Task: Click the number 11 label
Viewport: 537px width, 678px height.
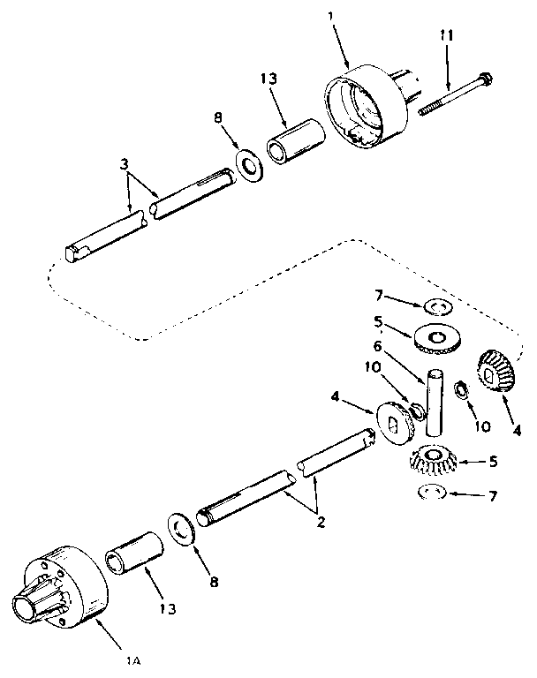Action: click(x=447, y=36)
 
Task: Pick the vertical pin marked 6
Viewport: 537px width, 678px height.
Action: click(x=432, y=402)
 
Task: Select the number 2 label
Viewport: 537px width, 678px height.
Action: click(x=320, y=522)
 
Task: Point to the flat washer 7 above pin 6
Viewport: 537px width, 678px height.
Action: click(x=435, y=305)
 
